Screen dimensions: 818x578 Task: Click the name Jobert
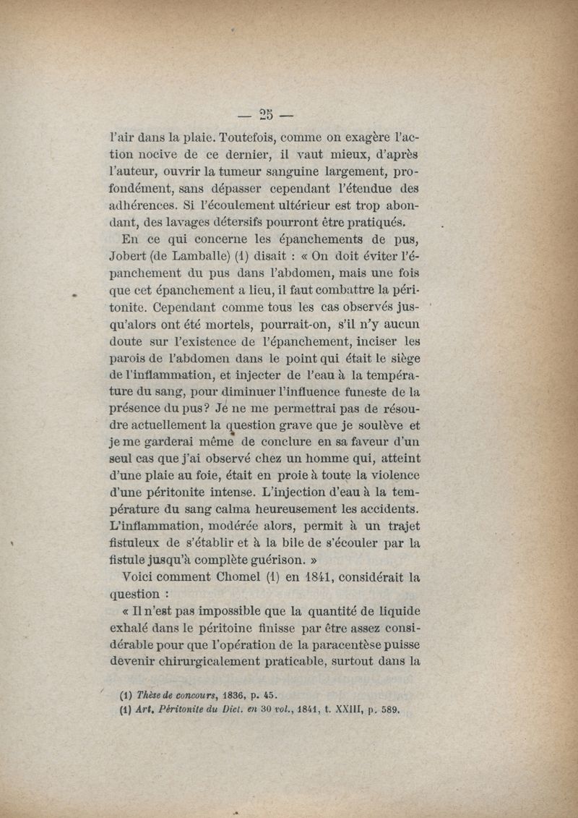[x=128, y=259]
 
